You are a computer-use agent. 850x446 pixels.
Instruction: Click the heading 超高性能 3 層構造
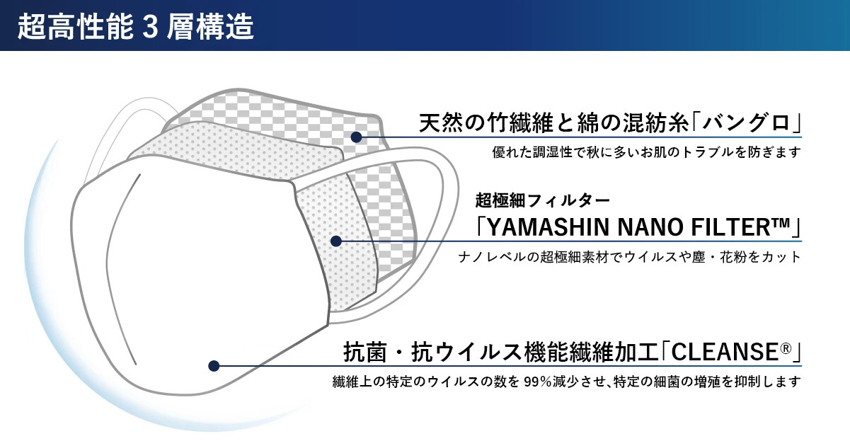[x=135, y=27]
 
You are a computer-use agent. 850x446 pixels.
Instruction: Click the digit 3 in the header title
[x=150, y=27]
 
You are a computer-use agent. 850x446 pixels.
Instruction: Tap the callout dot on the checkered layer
[x=356, y=137]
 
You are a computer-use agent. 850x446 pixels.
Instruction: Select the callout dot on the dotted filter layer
[x=336, y=241]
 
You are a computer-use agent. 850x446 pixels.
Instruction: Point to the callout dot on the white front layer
[x=214, y=366]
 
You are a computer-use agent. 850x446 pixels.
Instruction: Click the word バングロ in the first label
[x=746, y=122]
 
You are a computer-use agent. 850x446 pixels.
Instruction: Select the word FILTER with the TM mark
[x=741, y=227]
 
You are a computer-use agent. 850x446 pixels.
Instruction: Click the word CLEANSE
[x=725, y=352]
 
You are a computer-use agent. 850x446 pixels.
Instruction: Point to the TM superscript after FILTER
[x=781, y=222]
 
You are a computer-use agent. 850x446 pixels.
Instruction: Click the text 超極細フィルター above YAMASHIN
[x=543, y=200]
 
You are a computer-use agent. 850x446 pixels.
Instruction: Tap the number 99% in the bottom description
[x=538, y=381]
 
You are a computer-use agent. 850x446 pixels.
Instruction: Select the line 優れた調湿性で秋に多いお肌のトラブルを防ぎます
[x=647, y=152]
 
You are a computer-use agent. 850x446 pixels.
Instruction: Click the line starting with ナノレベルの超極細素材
[x=629, y=257]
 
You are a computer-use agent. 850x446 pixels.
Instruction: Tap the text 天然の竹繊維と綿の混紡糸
[x=554, y=122]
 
